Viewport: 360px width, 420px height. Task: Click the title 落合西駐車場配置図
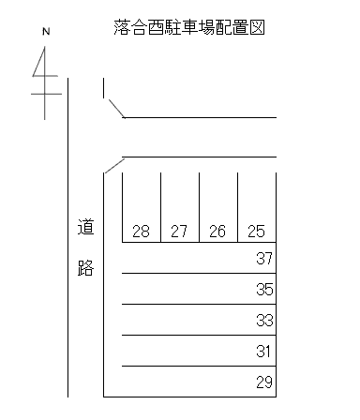click(188, 27)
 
